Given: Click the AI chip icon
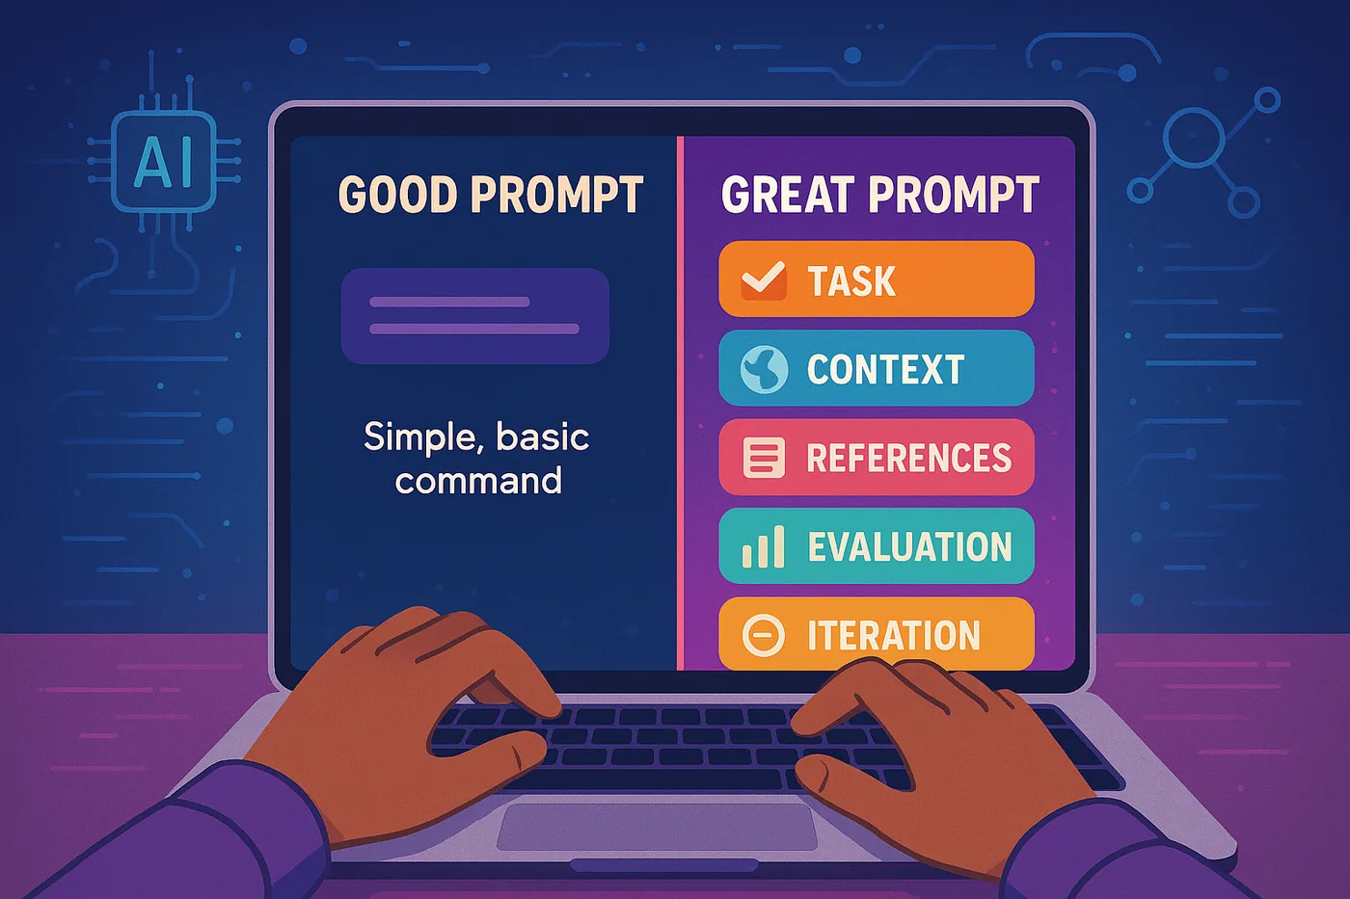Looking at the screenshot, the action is [x=164, y=161].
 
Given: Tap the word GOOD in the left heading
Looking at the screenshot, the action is [x=397, y=195].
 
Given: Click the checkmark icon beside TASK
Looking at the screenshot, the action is [x=764, y=280].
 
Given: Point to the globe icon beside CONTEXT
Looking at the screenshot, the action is [x=764, y=369].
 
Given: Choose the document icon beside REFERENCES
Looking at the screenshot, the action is [x=764, y=458].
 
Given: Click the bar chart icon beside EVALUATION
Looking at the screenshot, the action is [x=764, y=546].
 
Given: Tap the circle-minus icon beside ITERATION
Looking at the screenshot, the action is [x=764, y=635].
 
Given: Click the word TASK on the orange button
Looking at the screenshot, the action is [x=850, y=280].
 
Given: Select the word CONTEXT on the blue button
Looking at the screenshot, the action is [x=885, y=369].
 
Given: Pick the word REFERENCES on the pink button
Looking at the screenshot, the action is [x=908, y=458].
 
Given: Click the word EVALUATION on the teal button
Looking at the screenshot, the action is [x=909, y=546].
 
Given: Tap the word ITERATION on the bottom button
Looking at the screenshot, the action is [x=894, y=635].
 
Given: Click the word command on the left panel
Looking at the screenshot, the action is [x=478, y=481].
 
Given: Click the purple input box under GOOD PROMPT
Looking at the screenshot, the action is [x=474, y=315].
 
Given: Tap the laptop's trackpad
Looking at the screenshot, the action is [x=657, y=826].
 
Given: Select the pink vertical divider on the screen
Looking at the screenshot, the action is [x=681, y=403].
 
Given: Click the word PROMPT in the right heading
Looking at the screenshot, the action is [x=954, y=195].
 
